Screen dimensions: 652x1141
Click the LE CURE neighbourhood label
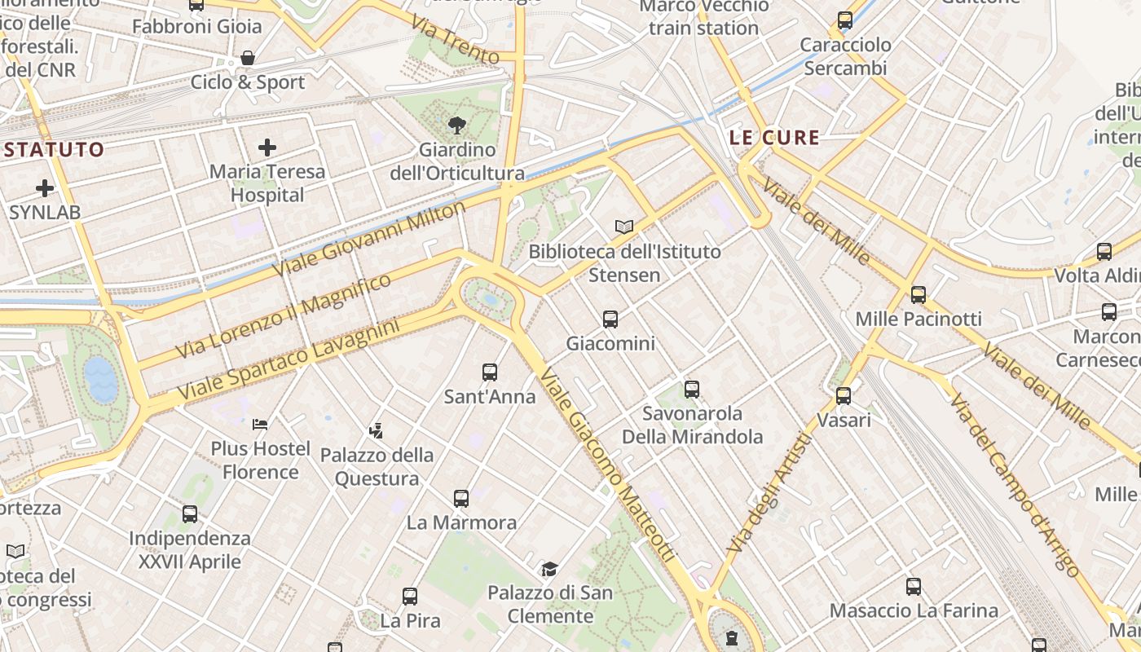774,138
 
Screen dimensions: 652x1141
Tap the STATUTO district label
55,149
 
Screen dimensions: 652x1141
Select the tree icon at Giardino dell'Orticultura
456,126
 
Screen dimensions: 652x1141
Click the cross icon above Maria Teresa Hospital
267,148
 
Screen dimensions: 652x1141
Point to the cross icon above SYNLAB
45,189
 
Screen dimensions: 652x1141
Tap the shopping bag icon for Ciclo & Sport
247,58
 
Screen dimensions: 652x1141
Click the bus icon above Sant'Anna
490,372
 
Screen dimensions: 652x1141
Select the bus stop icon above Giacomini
610,319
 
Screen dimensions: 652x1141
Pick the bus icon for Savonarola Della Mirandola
692,390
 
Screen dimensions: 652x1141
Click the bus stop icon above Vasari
844,396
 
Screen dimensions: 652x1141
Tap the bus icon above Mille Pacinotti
919,295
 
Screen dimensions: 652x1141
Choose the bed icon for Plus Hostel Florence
260,424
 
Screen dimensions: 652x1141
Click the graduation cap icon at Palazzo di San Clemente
549,569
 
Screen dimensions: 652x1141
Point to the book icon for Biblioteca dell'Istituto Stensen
624,227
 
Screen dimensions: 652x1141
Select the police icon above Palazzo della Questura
376,430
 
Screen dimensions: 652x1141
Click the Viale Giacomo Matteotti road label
608,466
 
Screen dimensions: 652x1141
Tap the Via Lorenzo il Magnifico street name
284,315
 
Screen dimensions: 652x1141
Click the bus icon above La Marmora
461,498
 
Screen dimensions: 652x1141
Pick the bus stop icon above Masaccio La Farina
914,586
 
